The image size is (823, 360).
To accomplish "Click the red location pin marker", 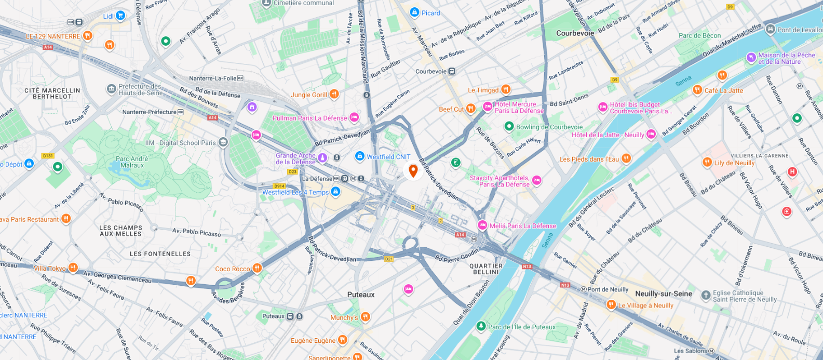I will (413, 170).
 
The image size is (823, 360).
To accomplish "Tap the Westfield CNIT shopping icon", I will (359, 156).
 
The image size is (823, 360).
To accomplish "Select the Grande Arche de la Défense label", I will (295, 158).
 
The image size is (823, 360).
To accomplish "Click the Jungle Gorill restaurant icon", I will (334, 94).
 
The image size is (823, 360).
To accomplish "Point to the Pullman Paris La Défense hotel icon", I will (354, 118).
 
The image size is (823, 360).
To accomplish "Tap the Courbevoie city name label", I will (575, 33).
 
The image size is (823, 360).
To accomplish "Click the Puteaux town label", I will (361, 295).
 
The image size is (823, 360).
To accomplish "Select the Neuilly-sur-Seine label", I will (664, 294).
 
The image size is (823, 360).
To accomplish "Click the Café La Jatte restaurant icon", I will (697, 90).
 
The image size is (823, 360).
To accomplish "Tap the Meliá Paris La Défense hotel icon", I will (482, 225).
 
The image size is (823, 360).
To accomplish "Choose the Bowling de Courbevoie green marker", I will (509, 126).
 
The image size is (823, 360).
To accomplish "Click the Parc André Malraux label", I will (132, 162).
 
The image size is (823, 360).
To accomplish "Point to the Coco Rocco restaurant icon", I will (257, 268).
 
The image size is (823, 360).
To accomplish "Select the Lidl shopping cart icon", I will (120, 16).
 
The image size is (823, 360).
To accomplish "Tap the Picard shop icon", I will (414, 12).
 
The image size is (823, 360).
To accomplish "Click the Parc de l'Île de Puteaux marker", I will (481, 326).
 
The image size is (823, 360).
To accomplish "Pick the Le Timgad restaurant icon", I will (506, 89).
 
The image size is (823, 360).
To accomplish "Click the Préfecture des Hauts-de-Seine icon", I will (111, 89).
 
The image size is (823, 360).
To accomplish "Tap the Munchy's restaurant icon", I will (366, 317).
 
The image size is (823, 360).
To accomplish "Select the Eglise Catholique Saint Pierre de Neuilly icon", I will (706, 296).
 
